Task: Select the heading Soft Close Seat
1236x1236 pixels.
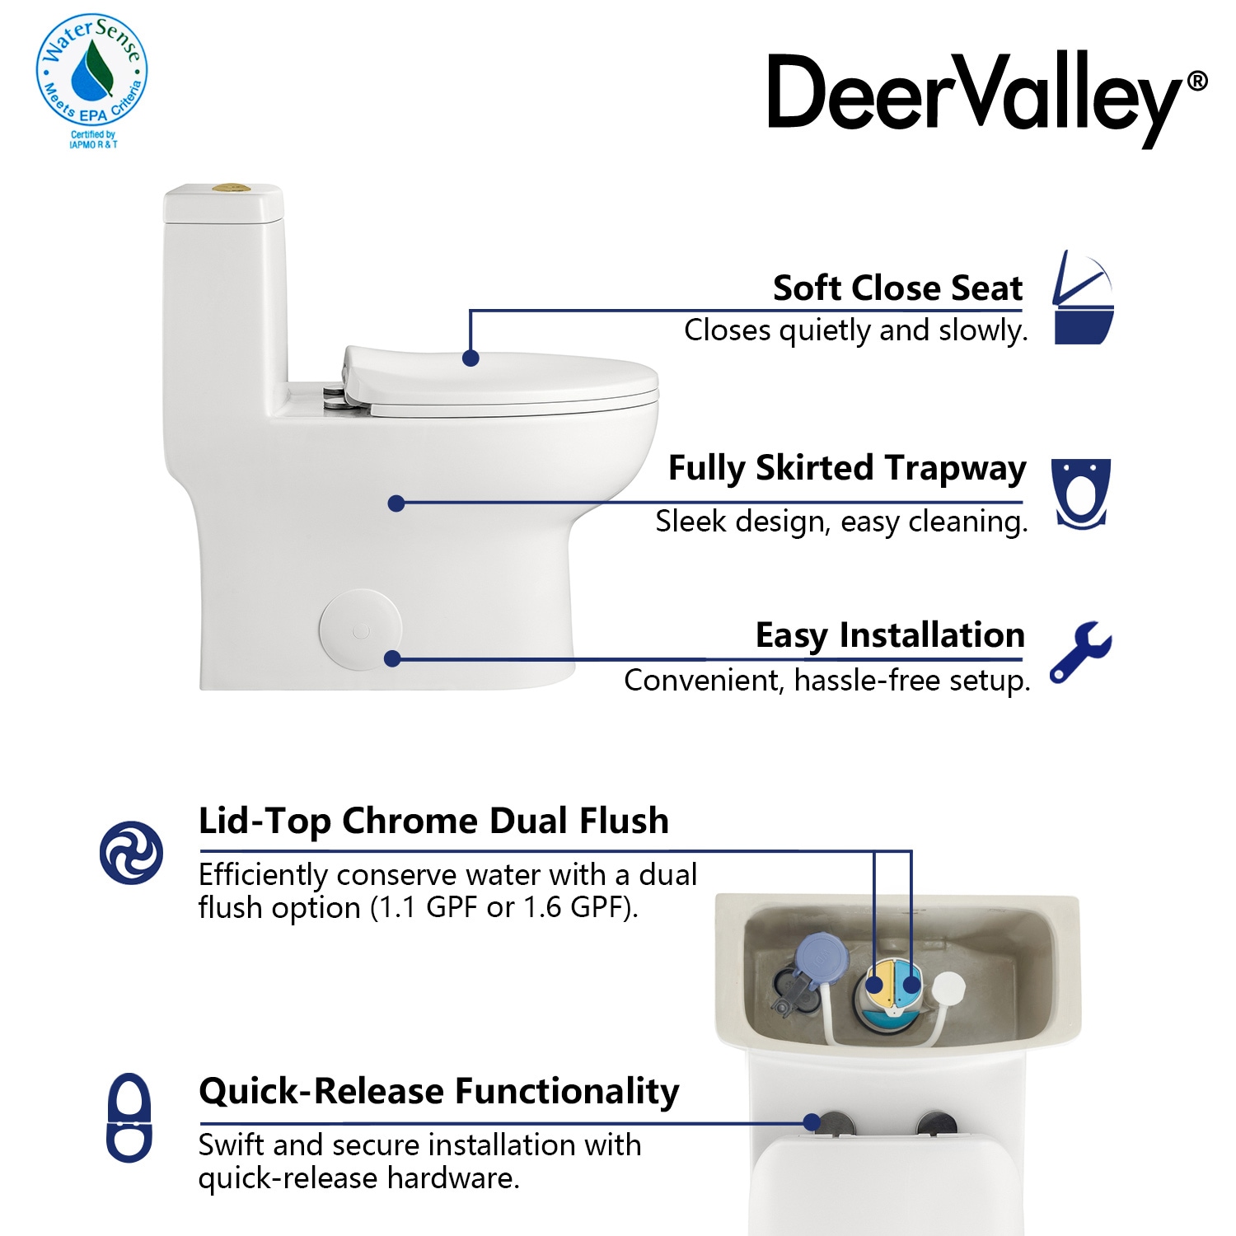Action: pos(897,288)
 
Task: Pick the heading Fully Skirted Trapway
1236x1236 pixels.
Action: pos(847,469)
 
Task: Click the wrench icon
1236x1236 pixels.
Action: pos(1080,652)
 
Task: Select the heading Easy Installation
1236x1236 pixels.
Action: pos(890,636)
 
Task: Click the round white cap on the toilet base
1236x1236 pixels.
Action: pos(360,630)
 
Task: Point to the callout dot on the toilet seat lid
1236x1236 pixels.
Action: pos(471,358)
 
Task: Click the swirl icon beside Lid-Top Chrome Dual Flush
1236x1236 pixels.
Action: pos(131,852)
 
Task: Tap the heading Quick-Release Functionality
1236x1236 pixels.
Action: pos(439,1092)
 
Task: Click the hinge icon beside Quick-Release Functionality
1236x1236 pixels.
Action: pos(129,1117)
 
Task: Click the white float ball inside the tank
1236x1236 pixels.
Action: pos(948,987)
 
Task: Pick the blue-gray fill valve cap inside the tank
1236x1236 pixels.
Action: pos(822,957)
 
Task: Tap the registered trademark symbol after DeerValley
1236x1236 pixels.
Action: pos(1197,81)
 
